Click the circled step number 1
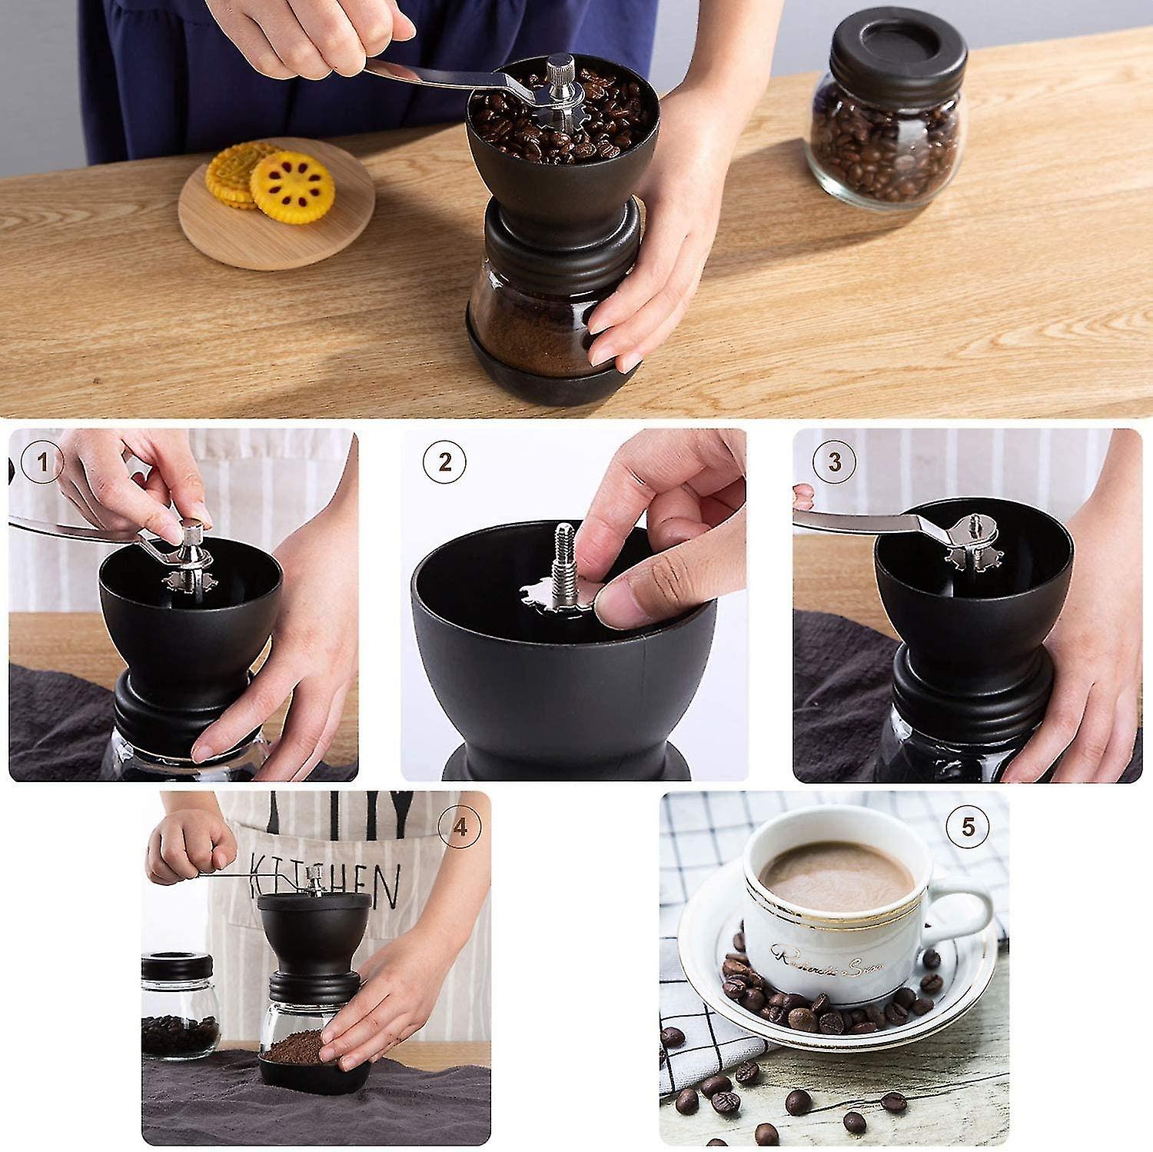(42, 463)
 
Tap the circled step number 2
(444, 463)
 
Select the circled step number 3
(834, 463)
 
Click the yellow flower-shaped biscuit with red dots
(293, 187)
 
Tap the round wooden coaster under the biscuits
(277, 231)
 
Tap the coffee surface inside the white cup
(836, 877)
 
